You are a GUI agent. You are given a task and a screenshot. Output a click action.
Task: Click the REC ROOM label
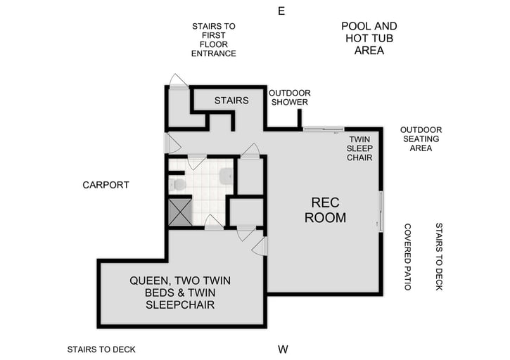coord(325,210)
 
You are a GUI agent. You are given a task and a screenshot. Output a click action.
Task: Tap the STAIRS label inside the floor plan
coord(231,101)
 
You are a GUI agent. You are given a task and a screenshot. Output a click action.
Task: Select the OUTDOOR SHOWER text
coord(290,98)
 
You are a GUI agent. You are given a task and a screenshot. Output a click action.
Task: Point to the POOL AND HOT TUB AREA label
coord(369,38)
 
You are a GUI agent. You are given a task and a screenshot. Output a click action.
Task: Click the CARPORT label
coord(106,185)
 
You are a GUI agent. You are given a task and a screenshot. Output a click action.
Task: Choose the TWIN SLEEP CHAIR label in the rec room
coord(359,148)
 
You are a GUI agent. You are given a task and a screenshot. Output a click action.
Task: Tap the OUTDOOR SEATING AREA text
coord(421,139)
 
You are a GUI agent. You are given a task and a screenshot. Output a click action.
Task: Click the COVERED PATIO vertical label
coord(407,252)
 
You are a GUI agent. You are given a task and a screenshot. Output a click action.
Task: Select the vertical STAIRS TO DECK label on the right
coord(439,257)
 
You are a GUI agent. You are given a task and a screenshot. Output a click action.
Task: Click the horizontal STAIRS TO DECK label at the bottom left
coord(101,349)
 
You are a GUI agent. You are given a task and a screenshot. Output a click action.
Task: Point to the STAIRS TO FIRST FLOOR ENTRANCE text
coord(214,40)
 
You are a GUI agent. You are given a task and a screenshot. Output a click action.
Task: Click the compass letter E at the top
coord(281,11)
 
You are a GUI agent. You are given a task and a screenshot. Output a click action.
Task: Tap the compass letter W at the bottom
coord(283,349)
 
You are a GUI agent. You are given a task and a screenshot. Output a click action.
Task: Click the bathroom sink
coord(226,176)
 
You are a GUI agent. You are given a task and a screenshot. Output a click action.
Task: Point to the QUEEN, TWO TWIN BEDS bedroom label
coord(180,292)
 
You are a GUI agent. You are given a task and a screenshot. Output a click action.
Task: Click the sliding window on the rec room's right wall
coord(381,210)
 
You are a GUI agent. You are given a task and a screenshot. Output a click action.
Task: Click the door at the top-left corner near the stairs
coord(179,82)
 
